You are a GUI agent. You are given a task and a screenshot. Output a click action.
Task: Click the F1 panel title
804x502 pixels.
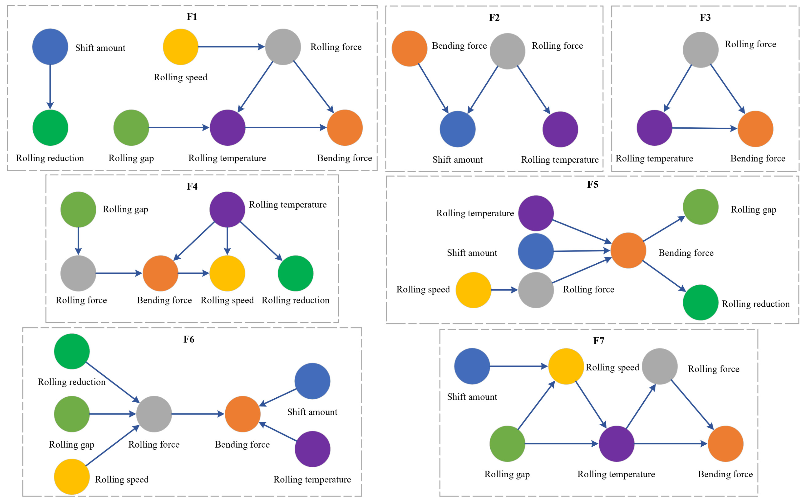tap(192, 17)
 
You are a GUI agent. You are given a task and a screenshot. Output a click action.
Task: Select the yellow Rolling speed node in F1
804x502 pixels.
tap(180, 47)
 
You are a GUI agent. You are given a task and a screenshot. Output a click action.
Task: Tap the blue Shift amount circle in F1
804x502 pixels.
tap(50, 47)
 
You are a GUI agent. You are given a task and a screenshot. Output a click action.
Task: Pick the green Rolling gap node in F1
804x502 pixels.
tap(131, 128)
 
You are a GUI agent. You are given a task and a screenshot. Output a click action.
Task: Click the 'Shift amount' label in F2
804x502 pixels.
tap(457, 160)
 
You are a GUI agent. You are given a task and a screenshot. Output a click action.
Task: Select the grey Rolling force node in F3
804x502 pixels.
tap(700, 50)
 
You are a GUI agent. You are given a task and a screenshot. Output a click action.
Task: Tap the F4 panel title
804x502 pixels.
tap(192, 186)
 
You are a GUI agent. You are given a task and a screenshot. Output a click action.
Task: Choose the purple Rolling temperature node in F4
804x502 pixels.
tap(227, 209)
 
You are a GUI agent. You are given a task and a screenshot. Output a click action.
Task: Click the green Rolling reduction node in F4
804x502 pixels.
tap(295, 273)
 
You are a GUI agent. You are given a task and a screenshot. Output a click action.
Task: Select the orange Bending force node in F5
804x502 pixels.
tap(628, 250)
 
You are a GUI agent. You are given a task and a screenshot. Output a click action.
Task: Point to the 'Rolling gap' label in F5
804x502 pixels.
tap(754, 210)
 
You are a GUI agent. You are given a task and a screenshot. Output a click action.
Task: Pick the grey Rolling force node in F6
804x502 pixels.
tap(154, 414)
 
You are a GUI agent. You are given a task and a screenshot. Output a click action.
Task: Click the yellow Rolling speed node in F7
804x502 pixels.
tap(566, 366)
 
